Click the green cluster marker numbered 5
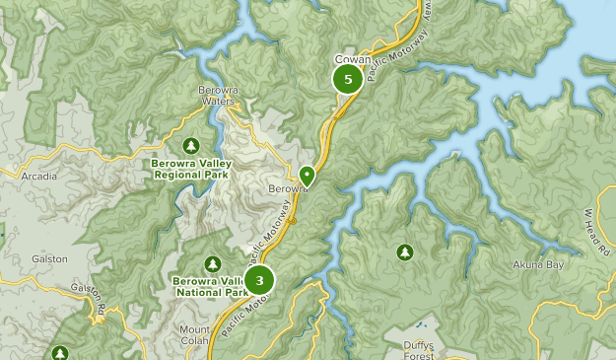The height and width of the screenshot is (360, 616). [347, 79]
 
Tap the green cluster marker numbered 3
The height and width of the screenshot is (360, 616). [259, 281]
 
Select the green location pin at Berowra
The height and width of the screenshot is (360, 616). [308, 176]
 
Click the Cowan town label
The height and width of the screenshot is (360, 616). [351, 59]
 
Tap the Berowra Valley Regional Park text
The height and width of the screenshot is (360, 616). [190, 169]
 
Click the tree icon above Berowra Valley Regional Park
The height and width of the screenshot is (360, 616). [191, 146]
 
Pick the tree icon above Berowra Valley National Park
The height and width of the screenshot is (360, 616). [212, 263]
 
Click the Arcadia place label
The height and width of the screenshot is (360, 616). [39, 177]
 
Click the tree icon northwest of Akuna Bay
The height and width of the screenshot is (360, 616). [404, 252]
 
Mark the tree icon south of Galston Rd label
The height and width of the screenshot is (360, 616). [60, 352]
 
